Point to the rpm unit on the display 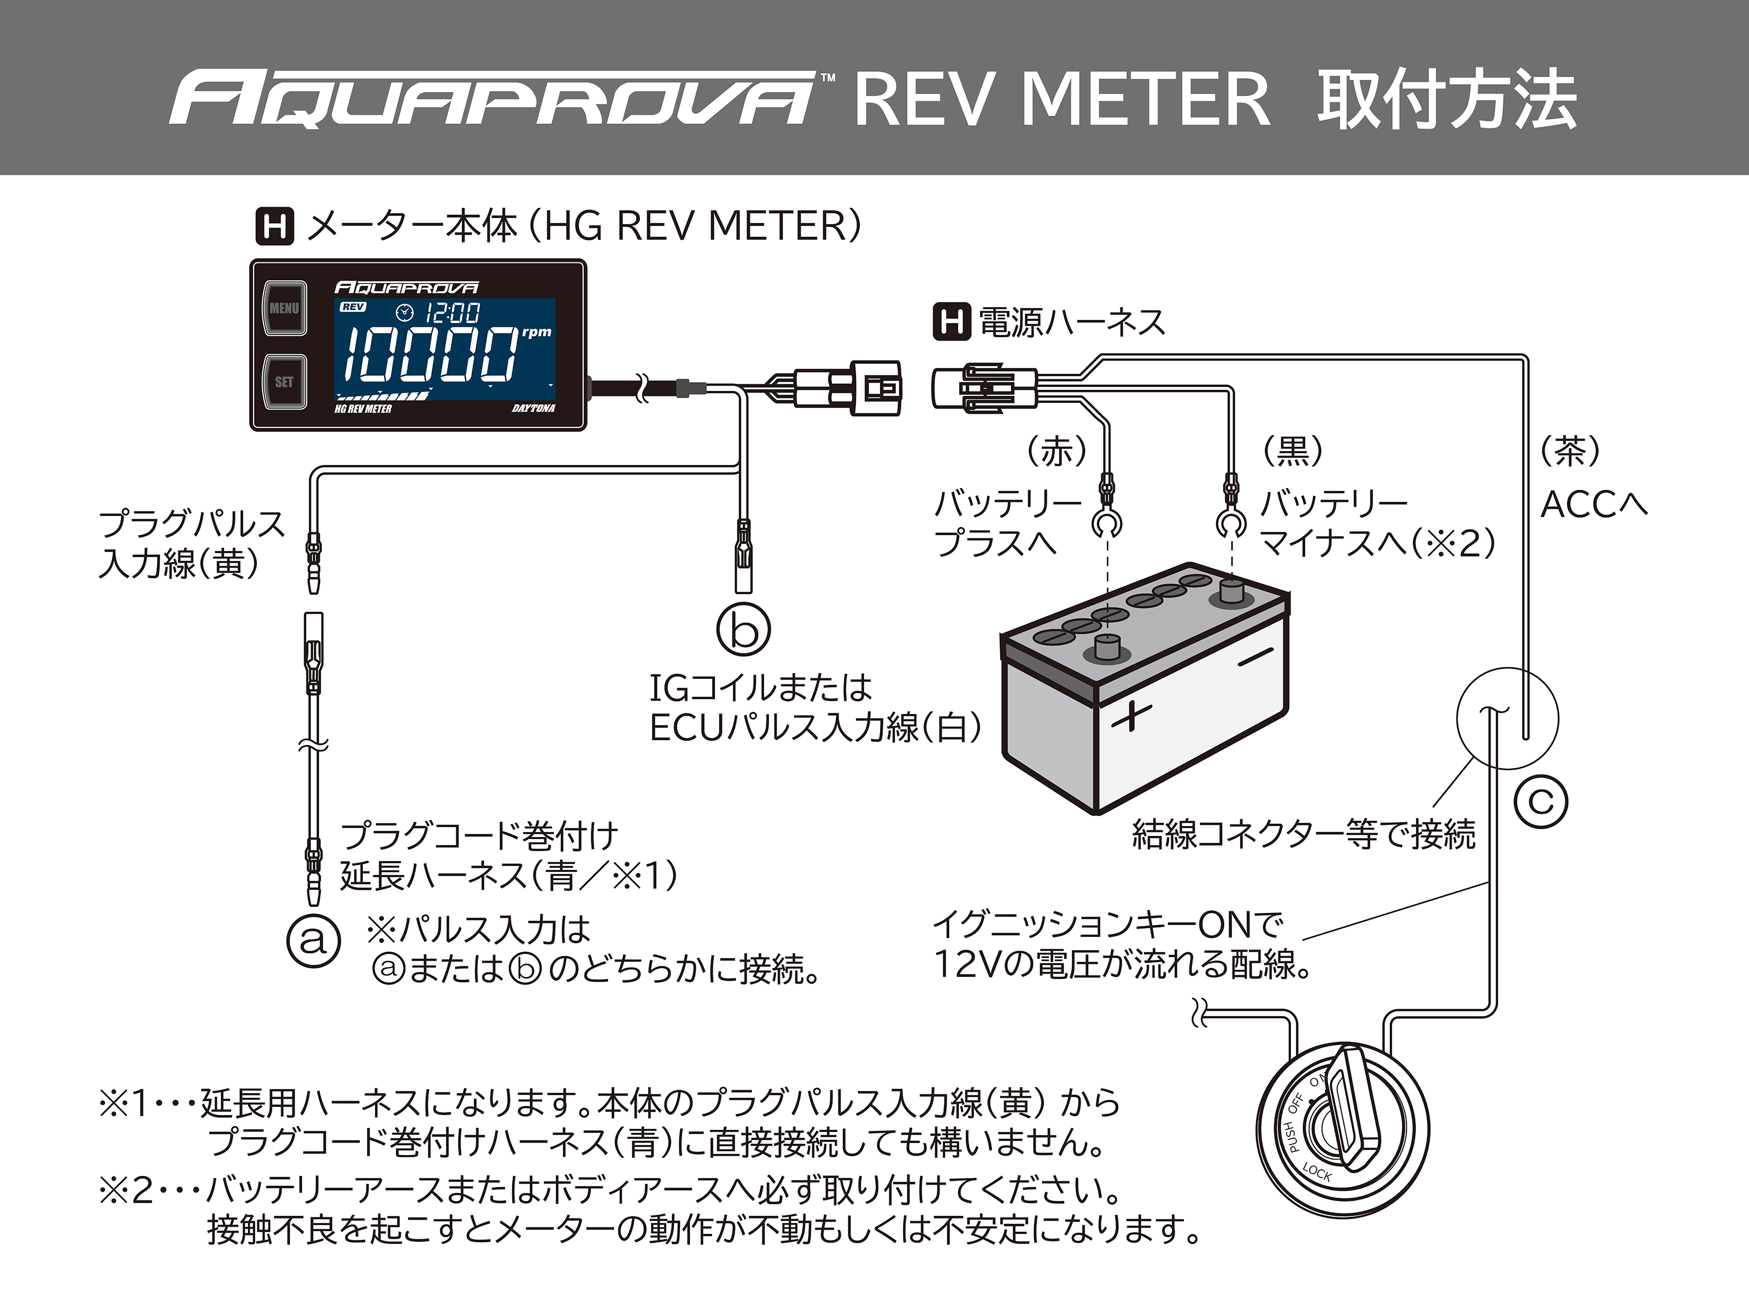(x=537, y=332)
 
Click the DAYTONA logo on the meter (x=533, y=408)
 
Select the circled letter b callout (x=743, y=629)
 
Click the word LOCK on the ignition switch (x=1317, y=1173)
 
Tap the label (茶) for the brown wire (x=1570, y=451)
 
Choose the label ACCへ (x=1594, y=505)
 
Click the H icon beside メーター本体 (x=274, y=226)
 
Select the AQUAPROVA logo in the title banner (x=492, y=99)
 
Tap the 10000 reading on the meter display (x=431, y=354)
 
